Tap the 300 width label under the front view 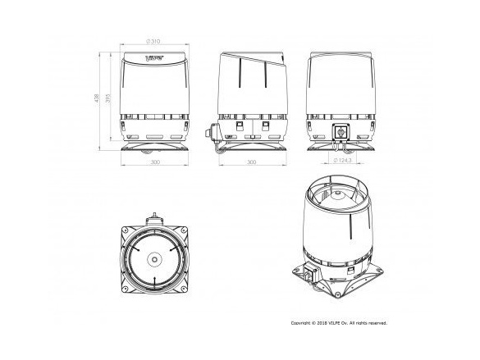(155, 162)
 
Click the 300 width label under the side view (251, 162)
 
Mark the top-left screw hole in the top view (126, 230)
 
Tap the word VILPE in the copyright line (343, 323)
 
